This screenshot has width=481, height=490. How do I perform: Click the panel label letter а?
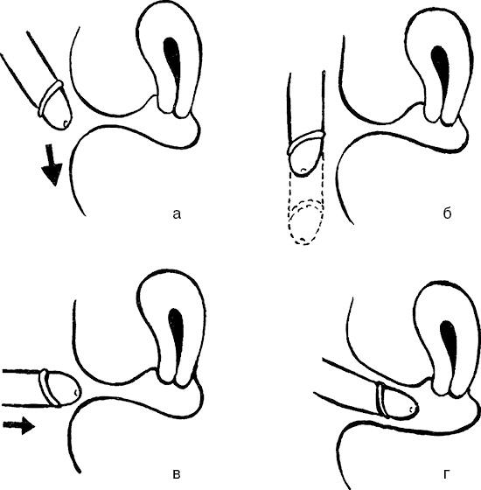(x=177, y=214)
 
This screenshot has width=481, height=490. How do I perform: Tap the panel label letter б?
(x=447, y=213)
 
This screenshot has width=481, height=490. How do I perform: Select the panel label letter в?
(x=176, y=474)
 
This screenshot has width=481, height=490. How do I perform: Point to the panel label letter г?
(x=447, y=474)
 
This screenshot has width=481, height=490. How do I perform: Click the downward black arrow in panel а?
(x=52, y=164)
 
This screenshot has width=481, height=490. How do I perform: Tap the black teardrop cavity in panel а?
(x=173, y=62)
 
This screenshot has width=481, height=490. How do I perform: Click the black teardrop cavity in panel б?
(x=441, y=72)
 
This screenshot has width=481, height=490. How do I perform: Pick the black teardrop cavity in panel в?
(x=177, y=334)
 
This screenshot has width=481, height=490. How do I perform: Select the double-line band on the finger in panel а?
(x=50, y=97)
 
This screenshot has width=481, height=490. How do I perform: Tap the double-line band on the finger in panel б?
(x=307, y=142)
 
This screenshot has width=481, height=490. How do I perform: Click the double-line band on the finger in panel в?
(x=49, y=388)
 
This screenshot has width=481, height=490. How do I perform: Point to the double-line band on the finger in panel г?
(x=382, y=399)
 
